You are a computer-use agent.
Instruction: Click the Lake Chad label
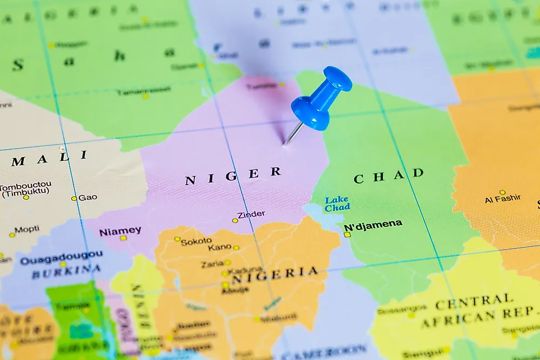point(337,203)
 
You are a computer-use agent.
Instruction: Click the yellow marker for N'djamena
point(347,234)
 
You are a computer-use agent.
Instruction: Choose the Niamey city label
point(120,231)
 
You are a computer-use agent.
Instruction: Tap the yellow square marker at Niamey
point(123,238)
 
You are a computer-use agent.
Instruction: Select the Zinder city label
point(251,214)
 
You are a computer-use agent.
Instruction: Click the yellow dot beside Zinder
point(235,220)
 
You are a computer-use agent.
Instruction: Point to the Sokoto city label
point(196,242)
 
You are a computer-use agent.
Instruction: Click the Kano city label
point(219,248)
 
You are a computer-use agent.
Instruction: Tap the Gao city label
point(87,198)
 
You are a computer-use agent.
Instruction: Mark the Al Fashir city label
point(503,199)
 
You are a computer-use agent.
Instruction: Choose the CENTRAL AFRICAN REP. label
point(478,311)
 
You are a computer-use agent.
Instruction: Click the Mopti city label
point(26,229)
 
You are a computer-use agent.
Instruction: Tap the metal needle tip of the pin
point(285,145)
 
